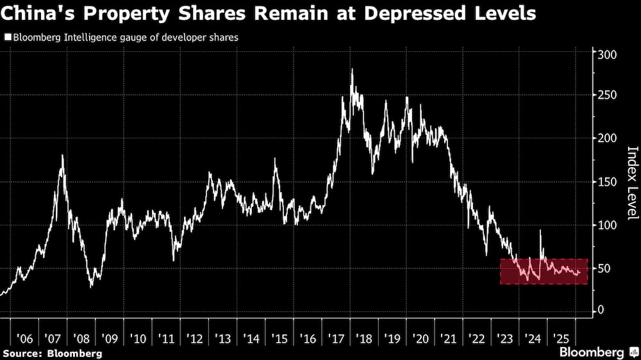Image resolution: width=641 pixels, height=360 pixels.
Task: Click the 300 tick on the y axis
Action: [606, 54]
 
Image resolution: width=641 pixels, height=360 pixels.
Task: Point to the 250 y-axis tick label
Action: [606, 95]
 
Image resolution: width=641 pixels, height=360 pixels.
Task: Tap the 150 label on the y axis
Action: [606, 182]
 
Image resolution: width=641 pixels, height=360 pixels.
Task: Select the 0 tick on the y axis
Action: [601, 310]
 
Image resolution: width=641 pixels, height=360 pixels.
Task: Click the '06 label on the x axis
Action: [24, 338]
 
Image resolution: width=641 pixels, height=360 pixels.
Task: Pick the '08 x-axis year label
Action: [81, 338]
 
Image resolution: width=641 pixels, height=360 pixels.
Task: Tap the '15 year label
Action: [279, 338]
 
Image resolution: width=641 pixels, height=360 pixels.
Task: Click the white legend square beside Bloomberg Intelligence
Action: [7, 38]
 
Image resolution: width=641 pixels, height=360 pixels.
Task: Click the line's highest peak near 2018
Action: [352, 69]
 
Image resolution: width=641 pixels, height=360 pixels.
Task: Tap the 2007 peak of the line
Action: [62, 155]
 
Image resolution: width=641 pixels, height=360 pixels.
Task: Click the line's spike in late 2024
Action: [540, 231]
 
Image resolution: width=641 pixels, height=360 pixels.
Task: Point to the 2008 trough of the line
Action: [91, 286]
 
